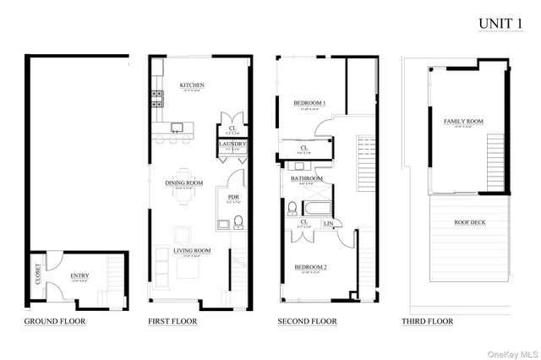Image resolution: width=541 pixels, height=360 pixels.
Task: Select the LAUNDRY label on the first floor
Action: click(232, 144)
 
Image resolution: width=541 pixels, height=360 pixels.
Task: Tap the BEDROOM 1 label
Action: click(309, 104)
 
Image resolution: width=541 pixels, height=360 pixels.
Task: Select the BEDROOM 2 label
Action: click(309, 268)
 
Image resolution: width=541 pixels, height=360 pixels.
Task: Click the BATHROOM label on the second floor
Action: click(306, 178)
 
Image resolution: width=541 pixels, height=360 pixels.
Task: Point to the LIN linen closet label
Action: click(329, 223)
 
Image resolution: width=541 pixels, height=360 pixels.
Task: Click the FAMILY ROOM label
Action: click(463, 122)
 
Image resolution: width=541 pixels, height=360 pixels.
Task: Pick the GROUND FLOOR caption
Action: click(55, 322)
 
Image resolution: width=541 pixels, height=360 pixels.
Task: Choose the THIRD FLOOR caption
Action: click(427, 322)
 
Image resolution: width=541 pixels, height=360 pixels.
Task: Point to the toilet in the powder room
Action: click(239, 223)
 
